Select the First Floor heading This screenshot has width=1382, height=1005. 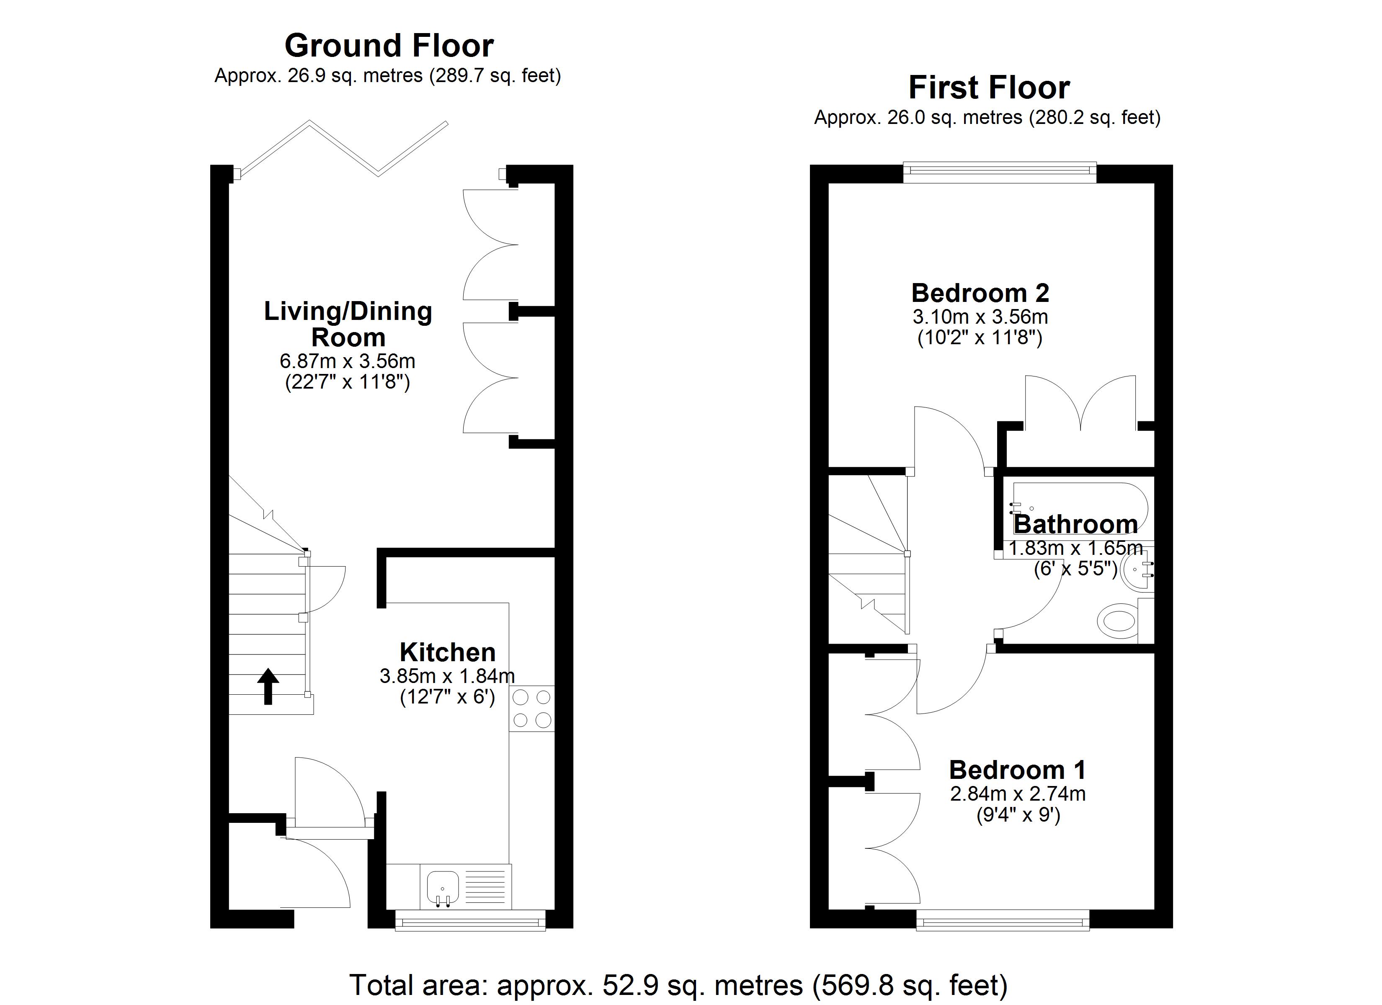(989, 87)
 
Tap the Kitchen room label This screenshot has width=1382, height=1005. (447, 652)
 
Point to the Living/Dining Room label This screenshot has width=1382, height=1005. (348, 324)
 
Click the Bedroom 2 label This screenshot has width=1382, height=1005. (980, 293)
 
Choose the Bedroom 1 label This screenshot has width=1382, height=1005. (1018, 770)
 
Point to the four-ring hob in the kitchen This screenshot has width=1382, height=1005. (532, 709)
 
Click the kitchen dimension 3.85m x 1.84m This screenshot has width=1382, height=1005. (447, 675)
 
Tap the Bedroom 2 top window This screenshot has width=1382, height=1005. (999, 173)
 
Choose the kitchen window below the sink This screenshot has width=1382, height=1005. (470, 920)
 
